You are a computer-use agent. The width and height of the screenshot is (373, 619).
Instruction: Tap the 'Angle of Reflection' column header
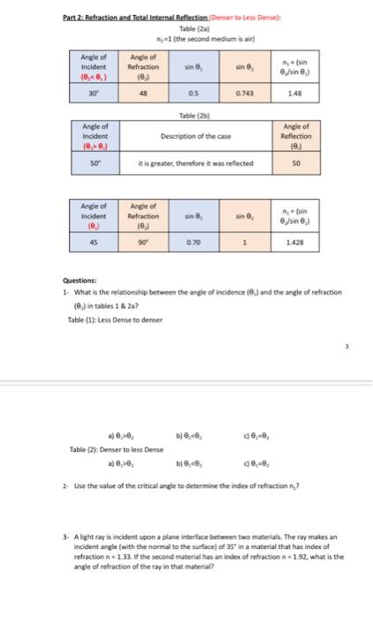pos(296,136)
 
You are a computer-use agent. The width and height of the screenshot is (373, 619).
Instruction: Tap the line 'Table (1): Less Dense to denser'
pos(103,319)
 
